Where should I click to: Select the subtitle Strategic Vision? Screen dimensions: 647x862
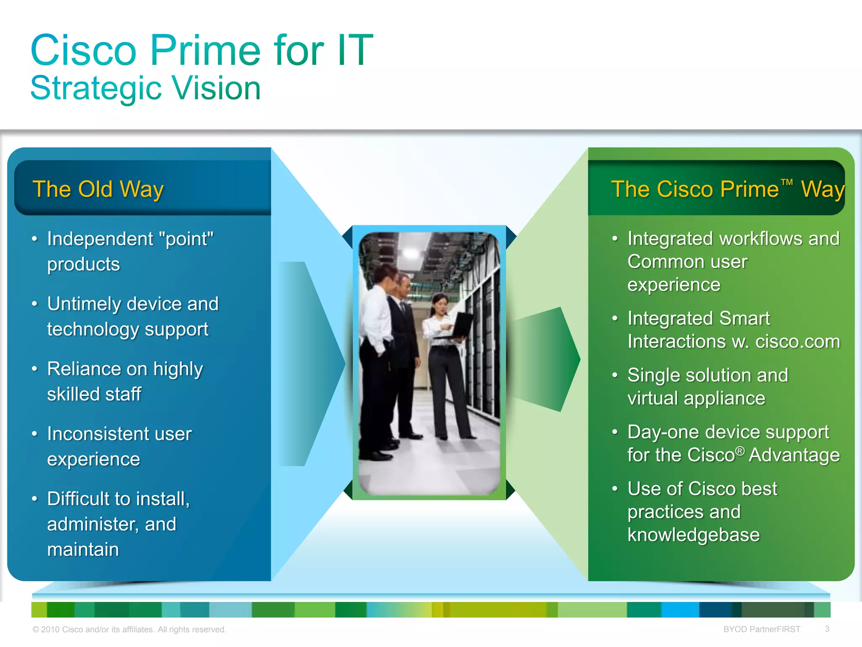[146, 88]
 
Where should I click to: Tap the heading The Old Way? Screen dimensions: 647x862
[98, 189]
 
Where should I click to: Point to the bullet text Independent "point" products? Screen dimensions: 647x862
[130, 251]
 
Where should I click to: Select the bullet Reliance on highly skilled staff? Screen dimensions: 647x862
[125, 381]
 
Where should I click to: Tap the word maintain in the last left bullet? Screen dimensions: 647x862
[83, 550]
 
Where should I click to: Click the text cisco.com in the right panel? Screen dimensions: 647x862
[797, 342]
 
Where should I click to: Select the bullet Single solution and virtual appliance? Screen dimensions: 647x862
[707, 386]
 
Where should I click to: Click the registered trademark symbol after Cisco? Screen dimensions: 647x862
[740, 452]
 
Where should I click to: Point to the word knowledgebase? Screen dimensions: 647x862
[693, 535]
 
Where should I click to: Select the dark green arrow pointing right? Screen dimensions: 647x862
[547, 359]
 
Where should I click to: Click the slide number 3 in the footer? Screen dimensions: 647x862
[827, 629]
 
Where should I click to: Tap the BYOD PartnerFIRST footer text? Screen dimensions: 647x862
[761, 629]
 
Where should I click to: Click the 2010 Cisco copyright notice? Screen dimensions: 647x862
[129, 629]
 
